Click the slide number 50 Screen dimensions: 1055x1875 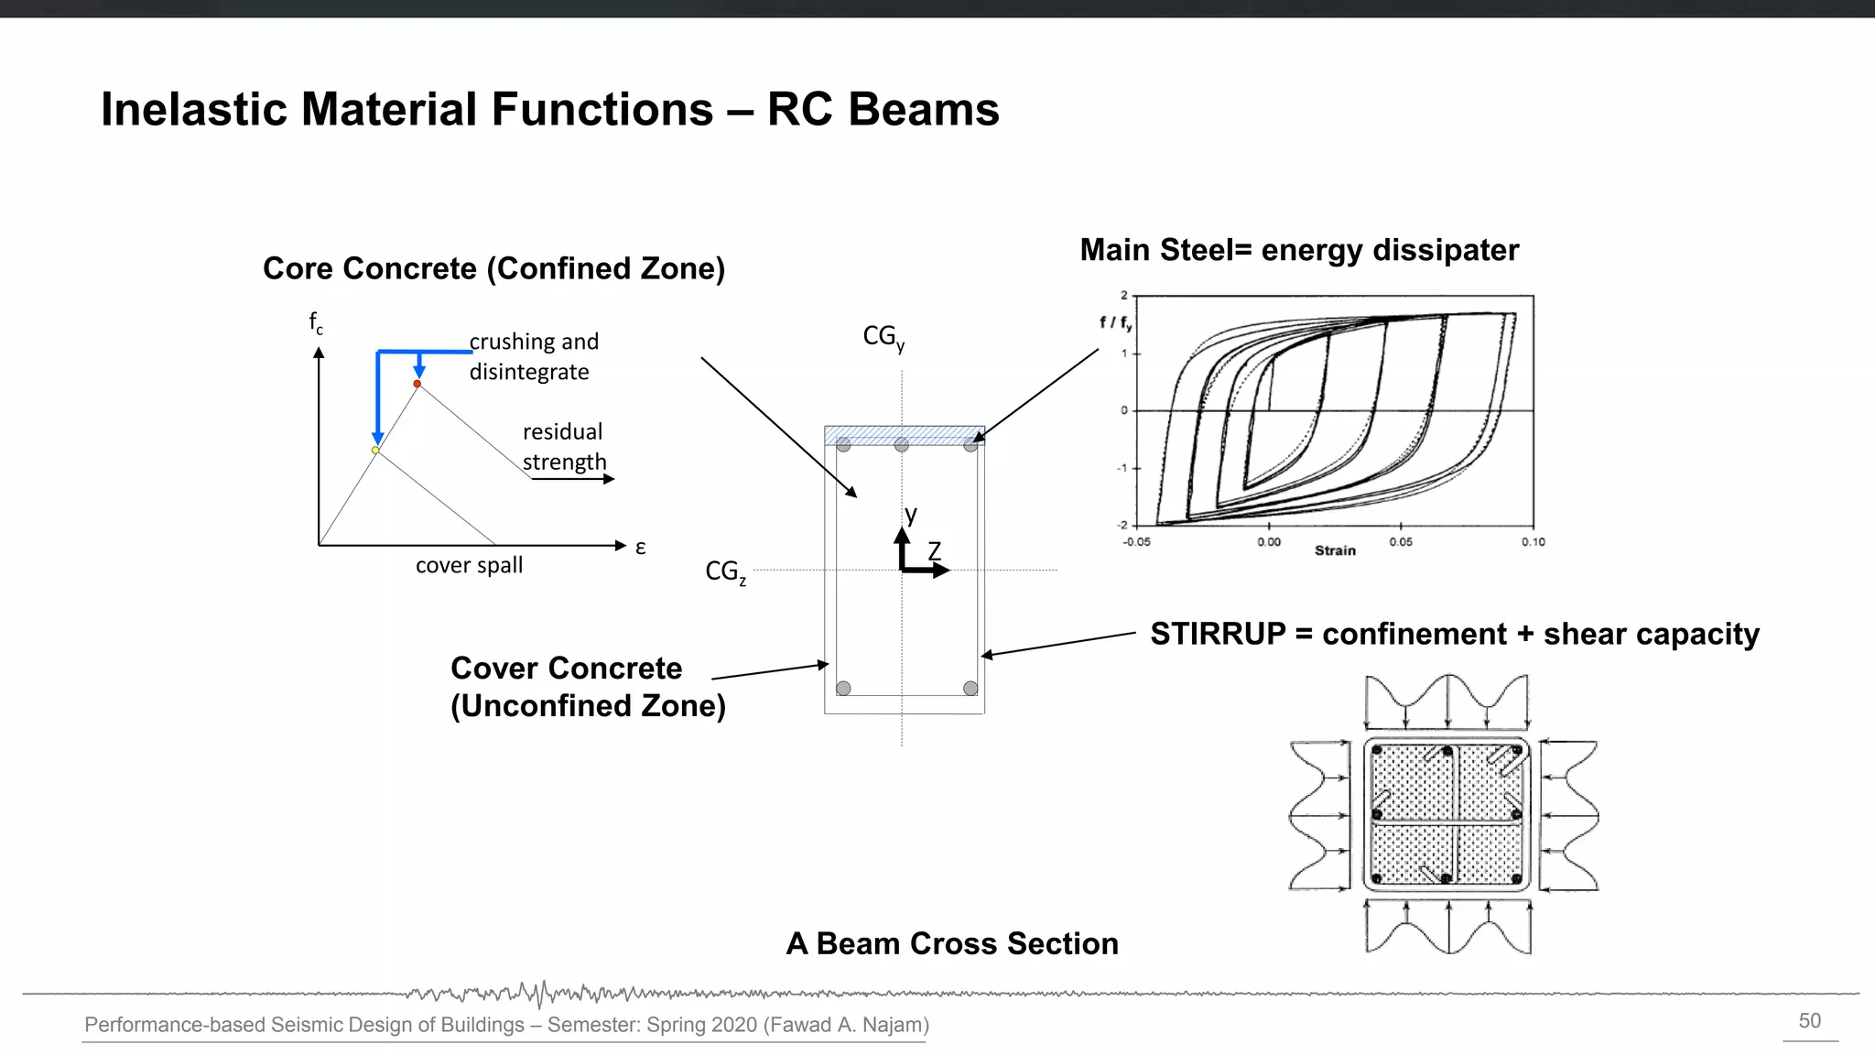click(x=1809, y=1021)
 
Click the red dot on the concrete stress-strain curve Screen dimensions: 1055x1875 click(x=417, y=384)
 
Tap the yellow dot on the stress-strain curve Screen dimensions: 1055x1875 click(x=375, y=451)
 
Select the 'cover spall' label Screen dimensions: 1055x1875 click(x=469, y=565)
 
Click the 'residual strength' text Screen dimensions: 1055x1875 click(x=564, y=447)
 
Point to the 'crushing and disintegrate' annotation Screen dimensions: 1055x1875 click(x=534, y=356)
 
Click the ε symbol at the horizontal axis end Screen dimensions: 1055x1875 click(x=641, y=548)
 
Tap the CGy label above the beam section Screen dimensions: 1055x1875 click(x=883, y=338)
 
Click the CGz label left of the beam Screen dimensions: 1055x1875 click(x=725, y=572)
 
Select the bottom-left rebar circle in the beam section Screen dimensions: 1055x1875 click(x=843, y=688)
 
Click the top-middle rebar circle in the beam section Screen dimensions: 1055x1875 click(x=902, y=445)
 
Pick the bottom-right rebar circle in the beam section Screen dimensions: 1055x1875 click(x=970, y=688)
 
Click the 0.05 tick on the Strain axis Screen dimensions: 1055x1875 click(x=1401, y=542)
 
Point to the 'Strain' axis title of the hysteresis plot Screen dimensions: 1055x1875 click(x=1335, y=550)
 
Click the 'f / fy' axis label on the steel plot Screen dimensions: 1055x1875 click(x=1115, y=322)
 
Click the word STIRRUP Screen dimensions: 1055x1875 click(x=1218, y=634)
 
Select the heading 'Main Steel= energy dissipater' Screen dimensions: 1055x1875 click(x=1298, y=250)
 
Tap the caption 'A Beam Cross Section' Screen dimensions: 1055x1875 click(x=952, y=943)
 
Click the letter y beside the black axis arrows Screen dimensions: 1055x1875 click(x=911, y=515)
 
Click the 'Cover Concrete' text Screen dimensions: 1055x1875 click(x=566, y=669)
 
